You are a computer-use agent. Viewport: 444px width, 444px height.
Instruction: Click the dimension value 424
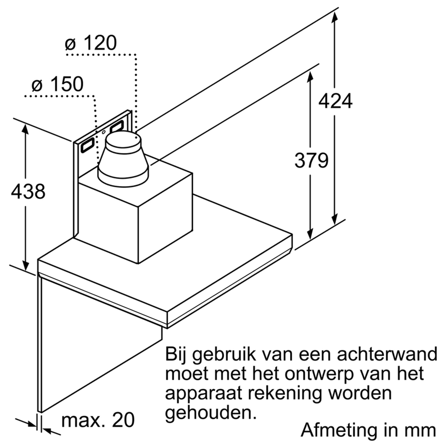(335, 101)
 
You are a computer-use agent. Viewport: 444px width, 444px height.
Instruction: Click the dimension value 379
(311, 160)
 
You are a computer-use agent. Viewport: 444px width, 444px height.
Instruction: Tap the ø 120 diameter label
(91, 43)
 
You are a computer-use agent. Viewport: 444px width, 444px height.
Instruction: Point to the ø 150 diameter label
(58, 84)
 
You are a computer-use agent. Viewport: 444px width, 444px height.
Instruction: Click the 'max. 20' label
(98, 420)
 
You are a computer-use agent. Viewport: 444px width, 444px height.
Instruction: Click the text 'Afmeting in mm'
(368, 430)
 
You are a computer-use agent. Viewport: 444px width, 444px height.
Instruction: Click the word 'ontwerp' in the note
(319, 374)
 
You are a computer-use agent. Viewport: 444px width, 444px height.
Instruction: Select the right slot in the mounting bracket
(117, 126)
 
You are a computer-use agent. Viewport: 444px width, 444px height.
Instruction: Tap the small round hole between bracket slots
(104, 132)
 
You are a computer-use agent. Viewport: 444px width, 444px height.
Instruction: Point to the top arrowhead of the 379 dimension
(310, 78)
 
